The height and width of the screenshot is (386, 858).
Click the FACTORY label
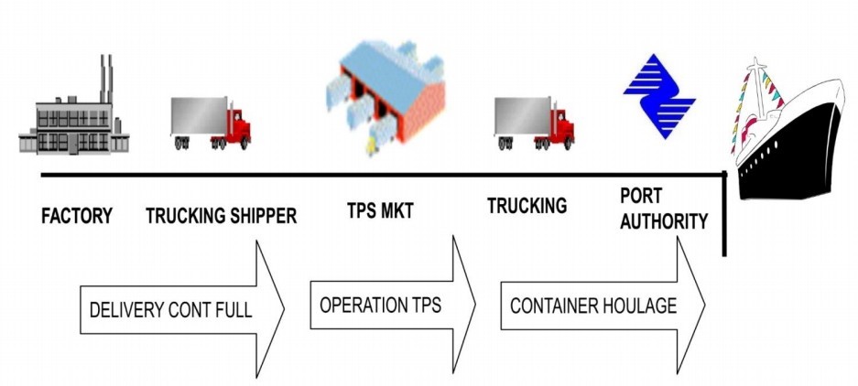(x=77, y=217)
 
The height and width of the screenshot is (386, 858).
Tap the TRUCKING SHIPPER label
(x=221, y=217)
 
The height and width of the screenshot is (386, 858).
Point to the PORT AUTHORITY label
(x=663, y=209)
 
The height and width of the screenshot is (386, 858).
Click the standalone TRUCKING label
(x=527, y=207)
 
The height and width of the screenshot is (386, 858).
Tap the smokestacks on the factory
(x=105, y=77)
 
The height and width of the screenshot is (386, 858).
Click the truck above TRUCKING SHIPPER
(x=210, y=123)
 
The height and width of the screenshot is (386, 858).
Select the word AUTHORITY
(x=663, y=220)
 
